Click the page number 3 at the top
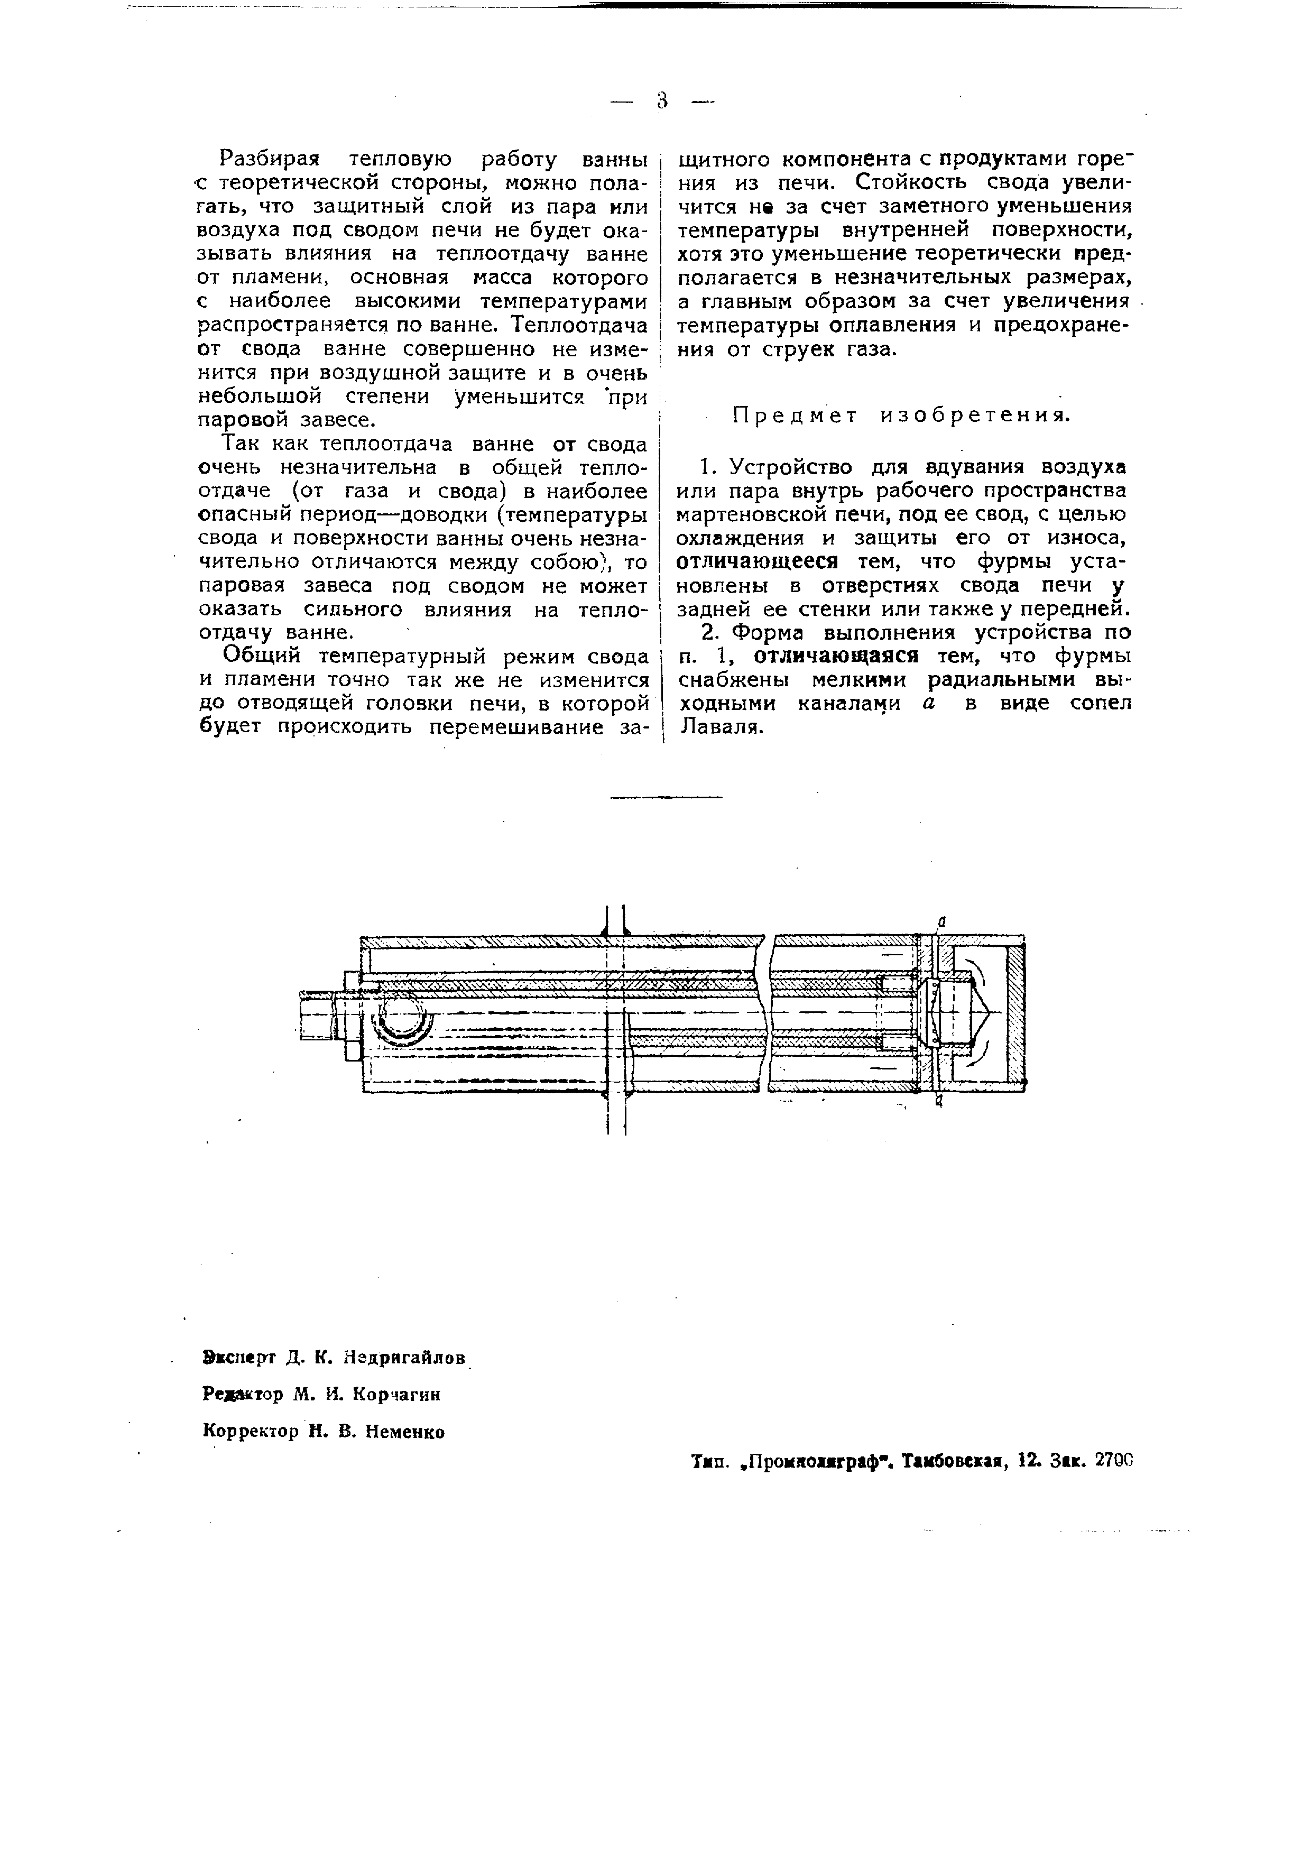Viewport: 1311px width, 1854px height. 662,101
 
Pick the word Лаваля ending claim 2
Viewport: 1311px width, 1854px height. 721,727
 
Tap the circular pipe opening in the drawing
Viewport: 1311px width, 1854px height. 400,1021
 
